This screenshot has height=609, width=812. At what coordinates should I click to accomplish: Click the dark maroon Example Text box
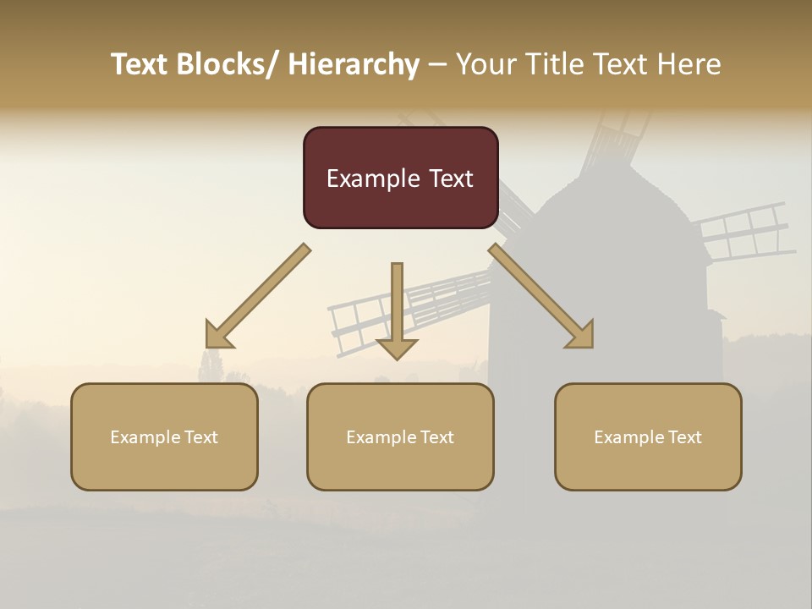coord(400,178)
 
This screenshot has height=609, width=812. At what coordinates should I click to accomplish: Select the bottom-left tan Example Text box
coord(164,436)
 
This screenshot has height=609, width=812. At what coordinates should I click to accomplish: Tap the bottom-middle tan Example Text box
coord(400,436)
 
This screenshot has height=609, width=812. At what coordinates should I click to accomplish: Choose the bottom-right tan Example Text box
coord(648,436)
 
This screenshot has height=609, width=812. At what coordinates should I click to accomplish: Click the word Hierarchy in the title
coord(353,64)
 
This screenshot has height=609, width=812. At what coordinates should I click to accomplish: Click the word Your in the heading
coord(484,64)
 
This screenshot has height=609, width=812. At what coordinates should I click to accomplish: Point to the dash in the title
coord(437,64)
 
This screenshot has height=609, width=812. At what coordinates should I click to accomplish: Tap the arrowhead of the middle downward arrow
coord(397,348)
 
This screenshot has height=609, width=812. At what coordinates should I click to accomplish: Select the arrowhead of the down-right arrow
coord(580,335)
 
